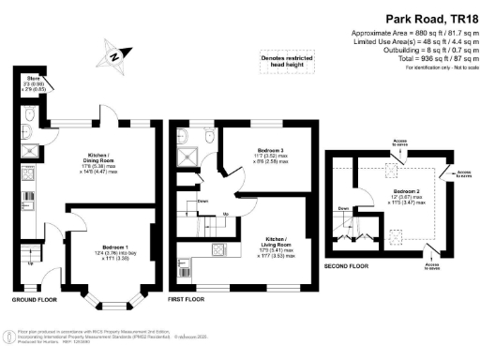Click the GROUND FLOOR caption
[x=37, y=300]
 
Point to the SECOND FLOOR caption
[x=348, y=265]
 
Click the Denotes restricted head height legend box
[x=286, y=63]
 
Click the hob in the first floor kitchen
[x=218, y=249]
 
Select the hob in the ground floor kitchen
[x=28, y=173]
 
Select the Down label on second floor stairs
[x=344, y=208]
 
